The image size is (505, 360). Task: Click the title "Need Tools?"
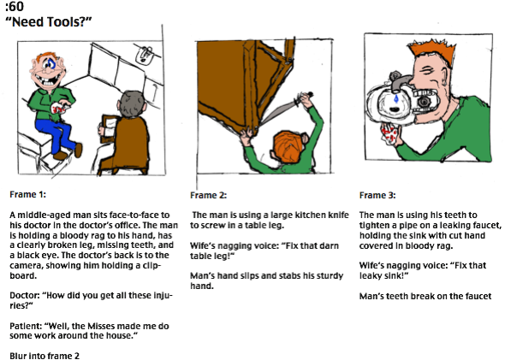pyautogui.click(x=49, y=22)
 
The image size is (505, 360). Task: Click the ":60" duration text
pyautogui.click(x=15, y=6)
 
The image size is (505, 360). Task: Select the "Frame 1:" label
pyautogui.click(x=27, y=195)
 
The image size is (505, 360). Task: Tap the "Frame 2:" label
pyautogui.click(x=208, y=195)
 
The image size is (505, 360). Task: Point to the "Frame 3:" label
pyautogui.click(x=377, y=195)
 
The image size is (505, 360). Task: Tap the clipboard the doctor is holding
pyautogui.click(x=109, y=128)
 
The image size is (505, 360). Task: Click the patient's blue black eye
pyautogui.click(x=50, y=64)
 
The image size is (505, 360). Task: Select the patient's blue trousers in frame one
pyautogui.click(x=57, y=134)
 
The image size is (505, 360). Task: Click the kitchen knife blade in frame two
pyautogui.click(x=278, y=112)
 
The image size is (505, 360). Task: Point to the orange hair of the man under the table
pyautogui.click(x=288, y=147)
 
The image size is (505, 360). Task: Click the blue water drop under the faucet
pyautogui.click(x=396, y=99)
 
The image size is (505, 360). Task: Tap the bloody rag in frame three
pyautogui.click(x=389, y=133)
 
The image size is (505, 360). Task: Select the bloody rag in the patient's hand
pyautogui.click(x=59, y=108)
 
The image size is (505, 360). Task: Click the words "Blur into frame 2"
pyautogui.click(x=45, y=356)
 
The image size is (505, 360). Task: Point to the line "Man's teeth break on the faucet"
pyautogui.click(x=425, y=296)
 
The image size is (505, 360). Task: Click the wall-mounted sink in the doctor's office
pyautogui.click(x=145, y=55)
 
